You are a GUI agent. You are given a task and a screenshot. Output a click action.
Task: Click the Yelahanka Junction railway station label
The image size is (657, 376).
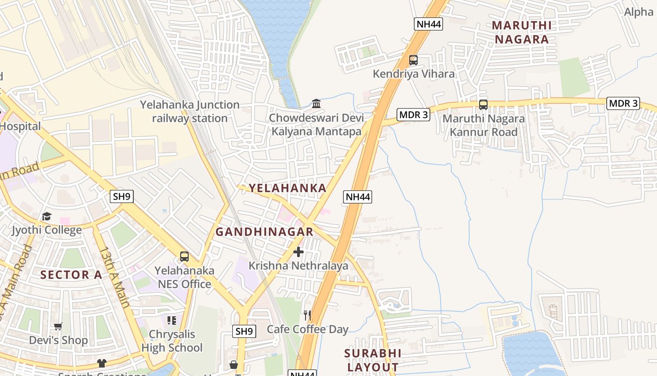[190, 111]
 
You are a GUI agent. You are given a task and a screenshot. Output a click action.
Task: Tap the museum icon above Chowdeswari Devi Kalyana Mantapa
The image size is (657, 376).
[316, 103]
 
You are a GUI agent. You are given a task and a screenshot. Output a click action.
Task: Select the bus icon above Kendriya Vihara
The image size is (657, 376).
[413, 60]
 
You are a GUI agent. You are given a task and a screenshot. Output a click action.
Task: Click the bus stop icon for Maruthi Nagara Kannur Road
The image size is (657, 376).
[483, 105]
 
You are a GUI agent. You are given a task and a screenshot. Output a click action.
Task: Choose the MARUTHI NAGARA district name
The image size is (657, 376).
[521, 32]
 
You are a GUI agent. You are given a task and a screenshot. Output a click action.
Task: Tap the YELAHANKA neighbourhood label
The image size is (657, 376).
[287, 188]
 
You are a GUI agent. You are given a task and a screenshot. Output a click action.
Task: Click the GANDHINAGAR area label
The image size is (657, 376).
[264, 232]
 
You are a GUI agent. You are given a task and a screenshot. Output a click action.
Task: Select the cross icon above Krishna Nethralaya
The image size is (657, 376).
[298, 252]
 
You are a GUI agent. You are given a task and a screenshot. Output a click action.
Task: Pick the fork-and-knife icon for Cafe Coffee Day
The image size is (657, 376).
[307, 315]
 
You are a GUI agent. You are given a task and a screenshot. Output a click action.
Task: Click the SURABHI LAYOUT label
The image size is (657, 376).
[373, 360]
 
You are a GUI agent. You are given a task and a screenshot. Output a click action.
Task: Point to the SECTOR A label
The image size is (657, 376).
[71, 275]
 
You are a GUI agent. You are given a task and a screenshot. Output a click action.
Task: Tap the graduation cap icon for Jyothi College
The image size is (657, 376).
[46, 217]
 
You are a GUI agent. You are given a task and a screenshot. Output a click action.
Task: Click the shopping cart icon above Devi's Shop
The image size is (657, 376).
[58, 326]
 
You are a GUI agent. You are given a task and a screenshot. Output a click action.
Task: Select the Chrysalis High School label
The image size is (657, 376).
[172, 341]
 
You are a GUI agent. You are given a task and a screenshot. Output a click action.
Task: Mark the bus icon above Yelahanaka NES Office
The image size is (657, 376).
[184, 257]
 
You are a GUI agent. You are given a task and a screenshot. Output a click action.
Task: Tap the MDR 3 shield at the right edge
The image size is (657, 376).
[623, 103]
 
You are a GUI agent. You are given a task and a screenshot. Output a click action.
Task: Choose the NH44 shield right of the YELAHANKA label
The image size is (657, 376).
[358, 197]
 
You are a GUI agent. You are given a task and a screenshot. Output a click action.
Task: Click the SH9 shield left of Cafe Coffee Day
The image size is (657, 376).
[244, 331]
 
